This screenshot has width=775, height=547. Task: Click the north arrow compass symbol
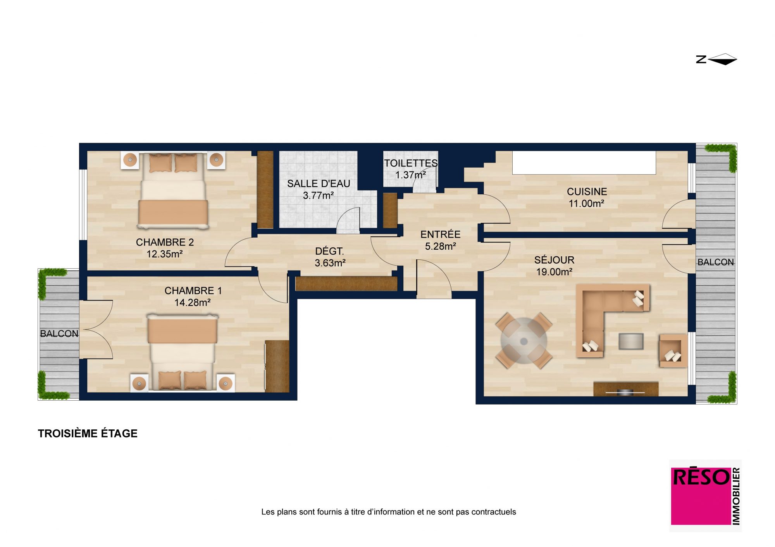(x=716, y=59)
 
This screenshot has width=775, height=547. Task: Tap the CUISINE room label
(x=587, y=192)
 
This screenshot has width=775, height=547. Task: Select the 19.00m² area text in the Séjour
(x=554, y=272)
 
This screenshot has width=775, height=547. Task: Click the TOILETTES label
(x=411, y=163)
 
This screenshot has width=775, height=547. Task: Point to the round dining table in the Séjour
(x=524, y=341)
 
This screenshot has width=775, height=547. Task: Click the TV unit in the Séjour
(x=626, y=389)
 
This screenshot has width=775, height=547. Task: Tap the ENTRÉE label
(x=440, y=234)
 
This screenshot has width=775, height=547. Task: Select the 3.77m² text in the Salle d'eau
(x=318, y=195)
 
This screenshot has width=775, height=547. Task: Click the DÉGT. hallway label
(x=329, y=251)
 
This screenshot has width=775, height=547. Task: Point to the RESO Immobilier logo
(x=706, y=496)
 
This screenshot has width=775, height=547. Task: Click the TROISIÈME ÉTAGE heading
(x=88, y=433)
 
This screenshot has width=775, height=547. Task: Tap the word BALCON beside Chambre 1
(x=59, y=334)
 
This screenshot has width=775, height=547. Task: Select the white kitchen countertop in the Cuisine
(x=584, y=163)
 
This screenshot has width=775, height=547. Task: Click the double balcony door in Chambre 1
(x=97, y=329)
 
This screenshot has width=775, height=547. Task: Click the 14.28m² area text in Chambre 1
(x=192, y=302)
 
